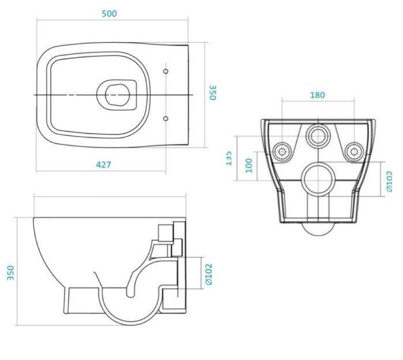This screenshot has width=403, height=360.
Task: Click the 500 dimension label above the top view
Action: pos(109,14)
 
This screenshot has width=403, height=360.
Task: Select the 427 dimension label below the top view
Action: pos(103,165)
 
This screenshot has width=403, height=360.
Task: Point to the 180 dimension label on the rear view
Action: pos(317,95)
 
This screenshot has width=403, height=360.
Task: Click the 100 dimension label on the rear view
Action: pos(249,166)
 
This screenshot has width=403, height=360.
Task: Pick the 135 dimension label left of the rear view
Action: pos(229,157)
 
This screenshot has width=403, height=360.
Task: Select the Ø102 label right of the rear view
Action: pos(390,180)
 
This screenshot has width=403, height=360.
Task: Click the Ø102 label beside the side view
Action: pos(209,274)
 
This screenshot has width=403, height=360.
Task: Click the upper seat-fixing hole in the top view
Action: pos(166,71)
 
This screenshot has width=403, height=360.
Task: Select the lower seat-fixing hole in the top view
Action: pos(166,118)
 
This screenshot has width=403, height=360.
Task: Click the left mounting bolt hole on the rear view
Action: pos(282,151)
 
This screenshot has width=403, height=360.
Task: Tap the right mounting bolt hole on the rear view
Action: pos(353,151)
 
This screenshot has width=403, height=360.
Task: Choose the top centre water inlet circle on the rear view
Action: pos(317,137)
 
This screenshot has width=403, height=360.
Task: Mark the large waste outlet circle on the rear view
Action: pos(318,179)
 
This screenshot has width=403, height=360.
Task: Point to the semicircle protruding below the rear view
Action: pos(318,229)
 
